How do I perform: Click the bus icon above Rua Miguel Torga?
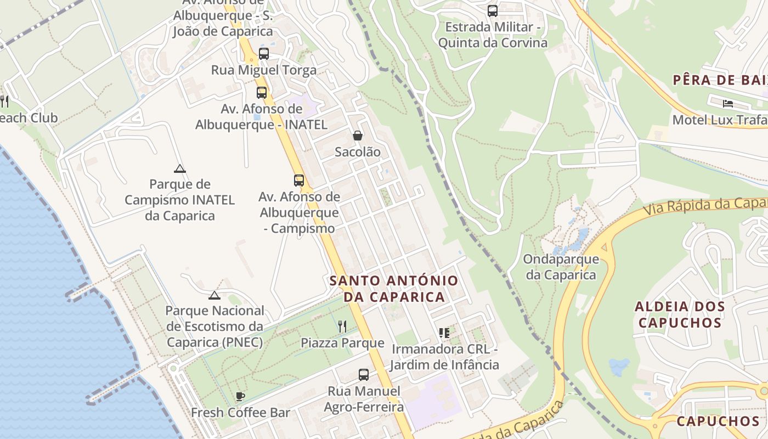click(x=264, y=54)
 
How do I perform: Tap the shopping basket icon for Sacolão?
click(x=358, y=136)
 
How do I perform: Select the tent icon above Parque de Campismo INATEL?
click(x=179, y=168)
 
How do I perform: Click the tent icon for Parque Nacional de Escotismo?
click(x=214, y=295)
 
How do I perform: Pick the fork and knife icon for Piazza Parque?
click(x=342, y=327)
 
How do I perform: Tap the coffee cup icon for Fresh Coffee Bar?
click(x=240, y=396)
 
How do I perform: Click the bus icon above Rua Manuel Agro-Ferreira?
click(x=364, y=375)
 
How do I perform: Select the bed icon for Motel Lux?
click(x=728, y=103)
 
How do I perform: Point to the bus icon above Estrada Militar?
click(x=493, y=10)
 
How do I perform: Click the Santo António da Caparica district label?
click(x=394, y=289)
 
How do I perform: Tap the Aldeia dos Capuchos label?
click(x=680, y=314)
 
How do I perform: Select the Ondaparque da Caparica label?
click(x=561, y=267)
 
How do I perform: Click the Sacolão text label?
click(x=358, y=152)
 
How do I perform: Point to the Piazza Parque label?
click(x=342, y=343)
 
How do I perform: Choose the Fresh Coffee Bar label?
click(x=240, y=412)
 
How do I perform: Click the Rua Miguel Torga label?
click(x=264, y=70)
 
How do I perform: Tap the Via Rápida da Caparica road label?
click(x=705, y=206)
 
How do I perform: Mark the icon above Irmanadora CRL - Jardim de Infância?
click(x=444, y=333)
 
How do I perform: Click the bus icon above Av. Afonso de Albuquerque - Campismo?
click(x=299, y=180)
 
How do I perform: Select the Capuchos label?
click(x=718, y=421)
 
